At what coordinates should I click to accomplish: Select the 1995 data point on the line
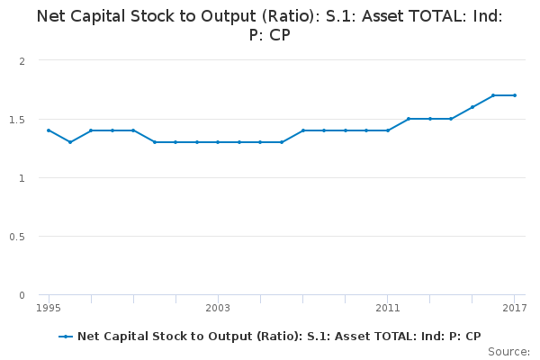click(49, 130)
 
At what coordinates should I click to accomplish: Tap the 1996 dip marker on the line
click(70, 142)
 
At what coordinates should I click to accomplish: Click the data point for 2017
click(515, 95)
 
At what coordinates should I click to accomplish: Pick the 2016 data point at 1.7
click(493, 95)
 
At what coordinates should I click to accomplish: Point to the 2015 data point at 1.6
click(472, 107)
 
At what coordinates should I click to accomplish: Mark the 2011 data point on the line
click(388, 130)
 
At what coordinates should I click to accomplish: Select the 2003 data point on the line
click(218, 142)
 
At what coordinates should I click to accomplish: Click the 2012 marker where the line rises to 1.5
click(409, 119)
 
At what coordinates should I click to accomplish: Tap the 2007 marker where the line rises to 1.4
click(303, 130)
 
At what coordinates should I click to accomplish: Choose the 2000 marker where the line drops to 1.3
click(155, 142)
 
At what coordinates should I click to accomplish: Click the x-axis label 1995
click(49, 308)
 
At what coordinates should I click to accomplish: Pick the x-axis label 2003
click(218, 308)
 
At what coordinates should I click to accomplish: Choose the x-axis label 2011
click(388, 308)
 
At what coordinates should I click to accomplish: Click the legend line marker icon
click(66, 337)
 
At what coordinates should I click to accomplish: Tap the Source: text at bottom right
click(510, 351)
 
